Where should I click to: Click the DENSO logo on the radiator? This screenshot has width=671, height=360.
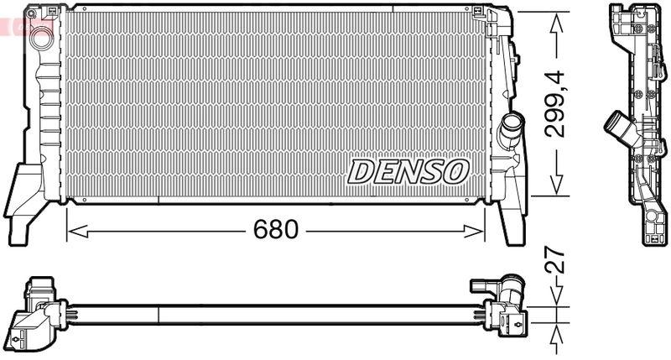(408, 170)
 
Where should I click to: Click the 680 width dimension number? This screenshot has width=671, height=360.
(276, 228)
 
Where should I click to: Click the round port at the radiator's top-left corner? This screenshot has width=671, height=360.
(38, 38)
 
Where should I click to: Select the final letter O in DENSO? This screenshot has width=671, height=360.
(454, 170)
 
